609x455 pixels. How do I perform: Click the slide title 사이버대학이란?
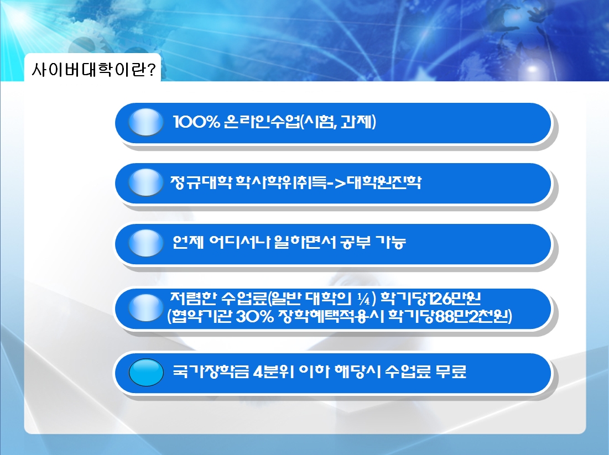tap(93, 70)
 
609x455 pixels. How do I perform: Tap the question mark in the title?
tap(152, 70)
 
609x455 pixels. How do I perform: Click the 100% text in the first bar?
tap(196, 122)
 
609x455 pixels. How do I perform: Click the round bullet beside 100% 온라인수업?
tap(146, 122)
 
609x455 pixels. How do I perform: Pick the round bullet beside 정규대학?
tap(146, 182)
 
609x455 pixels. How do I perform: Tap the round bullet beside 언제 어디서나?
tap(146, 243)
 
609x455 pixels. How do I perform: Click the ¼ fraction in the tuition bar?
tap(363, 299)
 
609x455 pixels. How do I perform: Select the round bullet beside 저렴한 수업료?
tap(146, 307)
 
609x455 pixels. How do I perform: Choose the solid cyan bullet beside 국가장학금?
tap(146, 372)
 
